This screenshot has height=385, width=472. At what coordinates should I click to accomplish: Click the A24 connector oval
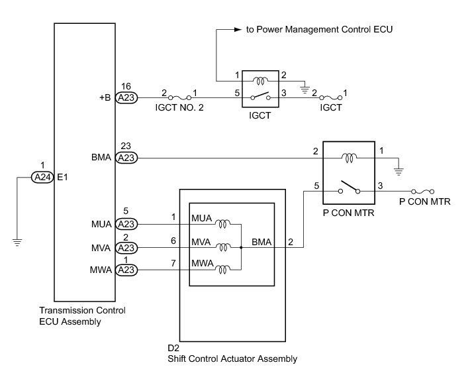[42, 177]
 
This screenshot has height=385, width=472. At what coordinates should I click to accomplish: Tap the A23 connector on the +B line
[126, 97]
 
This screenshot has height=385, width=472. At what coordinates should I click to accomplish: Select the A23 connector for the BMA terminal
[126, 158]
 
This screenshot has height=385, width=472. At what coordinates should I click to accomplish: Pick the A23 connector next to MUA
[126, 224]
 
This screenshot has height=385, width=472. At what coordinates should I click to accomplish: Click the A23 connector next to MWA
[126, 270]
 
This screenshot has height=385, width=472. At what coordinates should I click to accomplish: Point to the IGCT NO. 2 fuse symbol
[179, 97]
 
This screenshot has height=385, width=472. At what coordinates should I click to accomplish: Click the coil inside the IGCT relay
[261, 81]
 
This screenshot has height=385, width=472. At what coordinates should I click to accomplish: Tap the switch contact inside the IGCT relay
[261, 96]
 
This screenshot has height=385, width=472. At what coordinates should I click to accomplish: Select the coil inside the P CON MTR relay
[349, 158]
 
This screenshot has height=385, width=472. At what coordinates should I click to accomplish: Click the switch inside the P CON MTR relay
[349, 188]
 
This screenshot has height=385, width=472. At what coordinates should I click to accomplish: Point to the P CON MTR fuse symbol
[423, 192]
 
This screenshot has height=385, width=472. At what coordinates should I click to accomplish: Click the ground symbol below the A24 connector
[17, 242]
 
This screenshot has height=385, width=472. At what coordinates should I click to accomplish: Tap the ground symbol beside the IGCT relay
[305, 89]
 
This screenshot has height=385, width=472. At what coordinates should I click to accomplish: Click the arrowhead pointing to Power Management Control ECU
[238, 30]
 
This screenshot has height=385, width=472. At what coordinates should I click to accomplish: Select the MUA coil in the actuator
[223, 224]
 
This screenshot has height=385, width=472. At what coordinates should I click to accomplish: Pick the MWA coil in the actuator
[223, 269]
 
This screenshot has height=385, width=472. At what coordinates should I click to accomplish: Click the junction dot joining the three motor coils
[241, 248]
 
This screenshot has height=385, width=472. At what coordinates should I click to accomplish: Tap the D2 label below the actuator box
[173, 349]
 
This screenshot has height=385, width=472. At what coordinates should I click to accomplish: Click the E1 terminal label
[62, 178]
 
